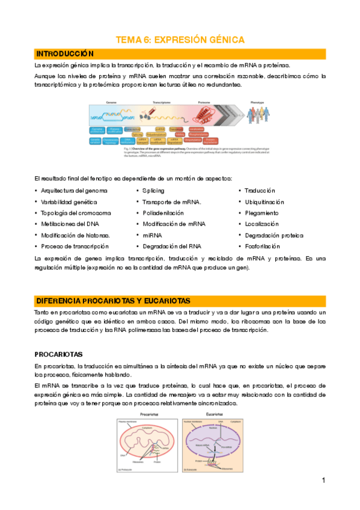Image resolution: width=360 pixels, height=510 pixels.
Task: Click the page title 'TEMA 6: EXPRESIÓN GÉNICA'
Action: pos(180,40)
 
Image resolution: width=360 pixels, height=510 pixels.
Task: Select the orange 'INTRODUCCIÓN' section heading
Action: pos(65,54)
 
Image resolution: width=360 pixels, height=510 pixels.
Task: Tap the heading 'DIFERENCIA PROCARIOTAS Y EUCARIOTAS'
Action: pos(113,301)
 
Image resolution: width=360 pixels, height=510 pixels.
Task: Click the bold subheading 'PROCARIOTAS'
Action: pos(58,354)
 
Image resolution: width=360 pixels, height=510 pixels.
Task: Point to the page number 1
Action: pos(323,480)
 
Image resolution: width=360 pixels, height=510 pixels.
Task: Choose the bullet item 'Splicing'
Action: pos(153,191)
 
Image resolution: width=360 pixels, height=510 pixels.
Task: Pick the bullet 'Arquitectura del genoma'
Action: pos(74,191)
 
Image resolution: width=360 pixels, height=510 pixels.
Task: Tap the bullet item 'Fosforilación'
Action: pos(262,247)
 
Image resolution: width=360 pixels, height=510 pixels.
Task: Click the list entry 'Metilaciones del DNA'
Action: pos(70,224)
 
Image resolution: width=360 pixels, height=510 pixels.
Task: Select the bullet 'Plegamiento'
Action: pos(261,213)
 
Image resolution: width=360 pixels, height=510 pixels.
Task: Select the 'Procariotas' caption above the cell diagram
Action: pos(149,414)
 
